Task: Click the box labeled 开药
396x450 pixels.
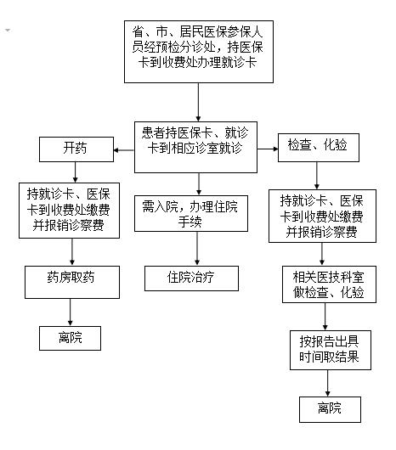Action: pyautogui.click(x=76, y=149)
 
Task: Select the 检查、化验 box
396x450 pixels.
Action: pyautogui.click(x=319, y=148)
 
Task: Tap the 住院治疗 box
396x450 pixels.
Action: pyautogui.click(x=191, y=278)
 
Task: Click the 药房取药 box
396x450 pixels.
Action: pyautogui.click(x=72, y=282)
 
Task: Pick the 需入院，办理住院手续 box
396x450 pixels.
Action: pyautogui.click(x=191, y=213)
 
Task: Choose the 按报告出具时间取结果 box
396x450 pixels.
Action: pyautogui.click(x=331, y=350)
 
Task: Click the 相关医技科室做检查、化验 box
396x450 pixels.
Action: pyautogui.click(x=329, y=284)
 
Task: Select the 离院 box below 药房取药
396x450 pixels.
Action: pyautogui.click(x=70, y=338)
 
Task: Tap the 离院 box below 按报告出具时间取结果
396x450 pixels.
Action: pyautogui.click(x=330, y=409)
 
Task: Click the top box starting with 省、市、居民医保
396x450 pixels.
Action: pyautogui.click(x=199, y=52)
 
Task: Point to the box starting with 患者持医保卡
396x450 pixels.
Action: pyautogui.click(x=195, y=147)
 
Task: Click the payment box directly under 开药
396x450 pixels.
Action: pyautogui.click(x=69, y=211)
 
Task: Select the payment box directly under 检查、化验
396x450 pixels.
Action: pyautogui.click(x=322, y=216)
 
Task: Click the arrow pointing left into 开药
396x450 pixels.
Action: pyautogui.click(x=124, y=150)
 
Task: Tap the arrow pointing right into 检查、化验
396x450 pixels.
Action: pyautogui.click(x=268, y=149)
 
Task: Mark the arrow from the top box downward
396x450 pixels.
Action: pyautogui.click(x=198, y=102)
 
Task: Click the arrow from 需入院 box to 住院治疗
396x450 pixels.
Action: pyautogui.click(x=197, y=249)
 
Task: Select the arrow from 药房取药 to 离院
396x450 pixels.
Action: pyautogui.click(x=70, y=312)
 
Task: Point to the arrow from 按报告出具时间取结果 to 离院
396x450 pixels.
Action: pyautogui.click(x=327, y=383)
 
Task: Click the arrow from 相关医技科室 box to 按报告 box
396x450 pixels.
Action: pyautogui.click(x=325, y=317)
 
